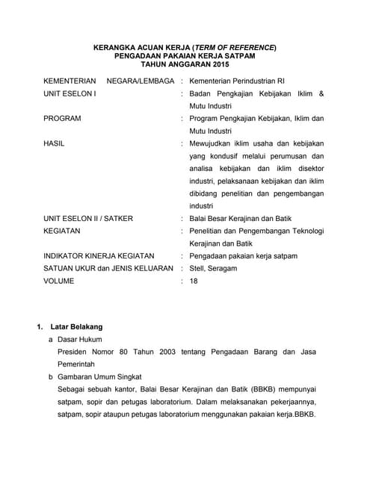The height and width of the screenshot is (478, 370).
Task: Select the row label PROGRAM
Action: click(62, 118)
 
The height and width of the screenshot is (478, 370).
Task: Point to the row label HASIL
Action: click(54, 143)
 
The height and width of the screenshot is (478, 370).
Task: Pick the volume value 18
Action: click(194, 282)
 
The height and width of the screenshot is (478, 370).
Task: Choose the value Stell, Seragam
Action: click(213, 269)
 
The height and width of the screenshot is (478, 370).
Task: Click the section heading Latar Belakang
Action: click(76, 326)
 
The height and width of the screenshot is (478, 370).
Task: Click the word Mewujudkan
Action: click(214, 143)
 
